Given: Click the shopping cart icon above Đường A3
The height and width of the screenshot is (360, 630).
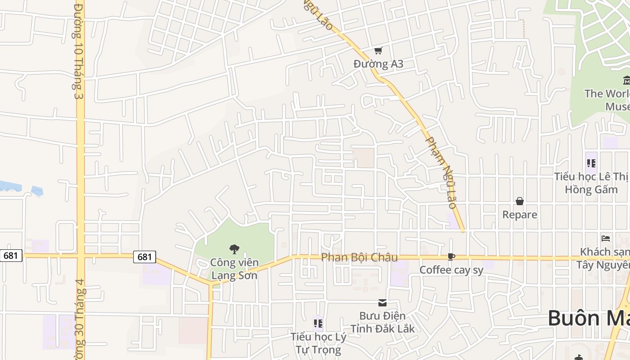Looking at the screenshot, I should (378, 50).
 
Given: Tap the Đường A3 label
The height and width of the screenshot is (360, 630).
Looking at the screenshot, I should (378, 64).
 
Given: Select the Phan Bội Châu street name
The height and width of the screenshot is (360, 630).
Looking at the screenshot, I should (360, 257).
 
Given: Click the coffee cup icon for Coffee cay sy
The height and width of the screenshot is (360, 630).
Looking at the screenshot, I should (451, 257).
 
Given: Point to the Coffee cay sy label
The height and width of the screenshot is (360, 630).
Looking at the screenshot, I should (451, 270).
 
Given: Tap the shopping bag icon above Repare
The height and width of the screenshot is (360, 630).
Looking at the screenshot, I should (520, 201).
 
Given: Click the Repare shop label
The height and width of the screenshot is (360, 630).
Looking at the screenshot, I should (520, 215).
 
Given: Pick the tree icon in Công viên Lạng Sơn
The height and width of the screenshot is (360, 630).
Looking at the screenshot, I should (234, 249).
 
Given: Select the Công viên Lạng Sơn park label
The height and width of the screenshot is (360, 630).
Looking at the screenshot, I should (234, 269).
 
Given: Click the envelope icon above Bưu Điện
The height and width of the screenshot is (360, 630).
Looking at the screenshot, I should (382, 303).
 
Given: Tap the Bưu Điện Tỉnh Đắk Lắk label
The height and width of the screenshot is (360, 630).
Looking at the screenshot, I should (382, 322).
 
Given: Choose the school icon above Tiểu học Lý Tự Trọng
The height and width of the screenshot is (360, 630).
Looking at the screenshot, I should (318, 323).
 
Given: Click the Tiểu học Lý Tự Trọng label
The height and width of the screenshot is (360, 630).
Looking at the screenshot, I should (318, 343).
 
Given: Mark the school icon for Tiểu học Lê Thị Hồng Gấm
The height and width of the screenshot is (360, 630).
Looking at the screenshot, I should (591, 163).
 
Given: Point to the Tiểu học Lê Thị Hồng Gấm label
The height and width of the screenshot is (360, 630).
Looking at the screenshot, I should (591, 183).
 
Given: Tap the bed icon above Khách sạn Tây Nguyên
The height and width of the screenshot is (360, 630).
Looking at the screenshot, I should (606, 238).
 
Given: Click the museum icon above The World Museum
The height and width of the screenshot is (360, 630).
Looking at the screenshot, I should (626, 81).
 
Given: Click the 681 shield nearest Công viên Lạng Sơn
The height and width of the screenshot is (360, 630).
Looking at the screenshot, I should (144, 257).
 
